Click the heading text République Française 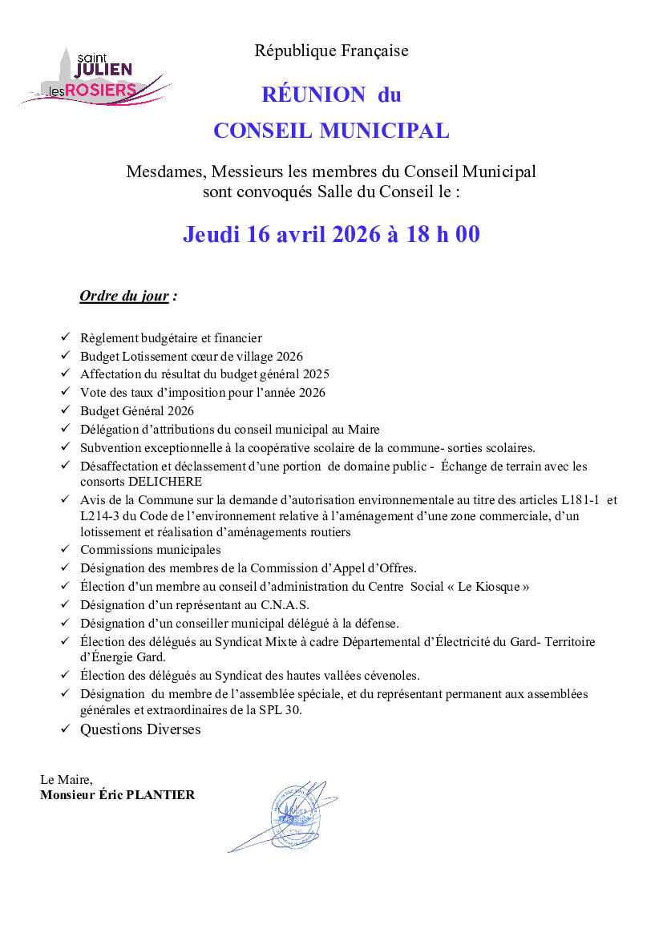point(331,51)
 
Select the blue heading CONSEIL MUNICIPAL point(331,131)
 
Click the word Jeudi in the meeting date point(212,235)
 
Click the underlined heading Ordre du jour point(124,297)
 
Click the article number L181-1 point(574,499)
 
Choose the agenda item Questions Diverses point(140,729)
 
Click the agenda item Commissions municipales point(150,550)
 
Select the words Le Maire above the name point(66,779)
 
